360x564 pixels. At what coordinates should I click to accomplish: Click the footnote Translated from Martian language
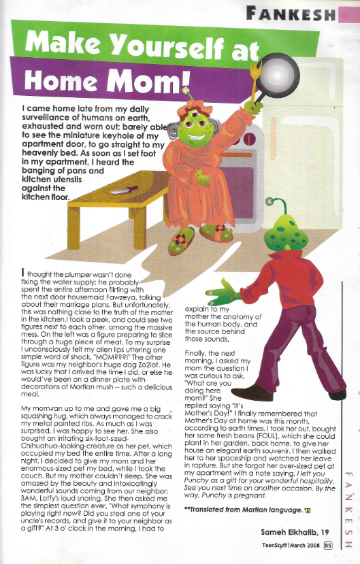(238, 509)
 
